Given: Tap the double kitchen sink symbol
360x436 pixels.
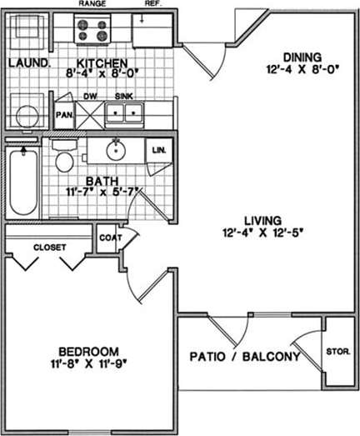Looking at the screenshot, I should pyautogui.click(x=130, y=115).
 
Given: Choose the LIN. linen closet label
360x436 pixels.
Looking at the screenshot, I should pyautogui.click(x=157, y=150).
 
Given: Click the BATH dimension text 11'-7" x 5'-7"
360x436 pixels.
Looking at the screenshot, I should pyautogui.click(x=98, y=192).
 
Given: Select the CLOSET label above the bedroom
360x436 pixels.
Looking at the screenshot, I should pyautogui.click(x=50, y=247).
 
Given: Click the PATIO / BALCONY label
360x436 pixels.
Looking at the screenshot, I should pyautogui.click(x=245, y=358).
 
